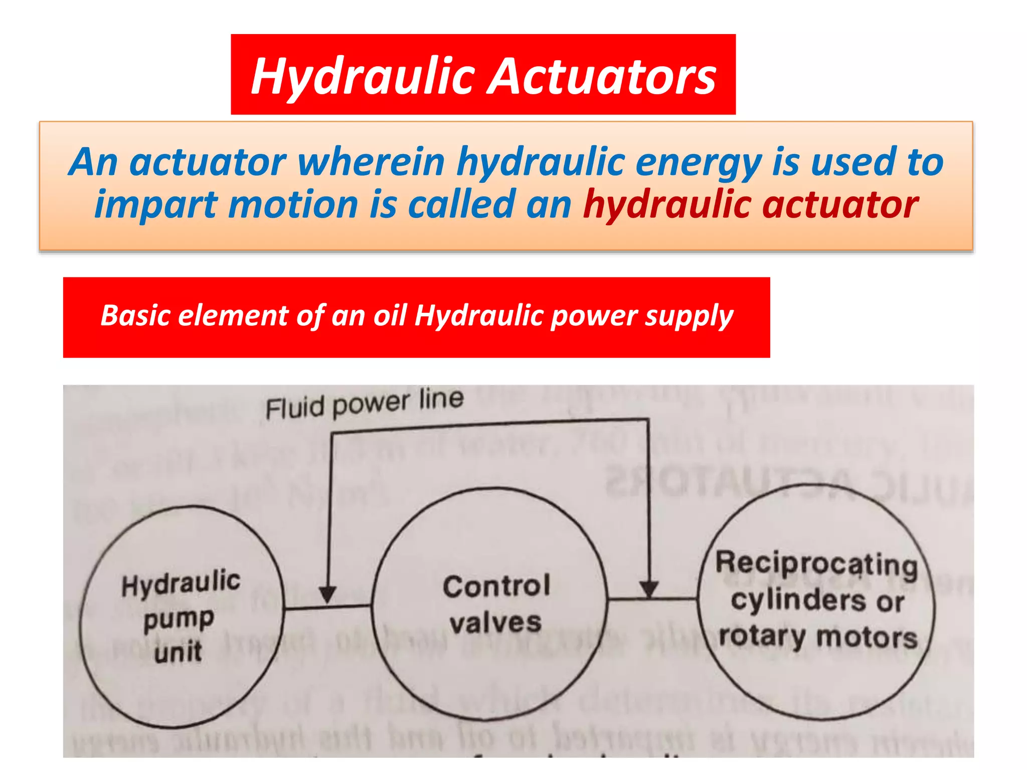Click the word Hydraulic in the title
(x=363, y=76)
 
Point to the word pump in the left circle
(x=179, y=620)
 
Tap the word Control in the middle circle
(x=496, y=586)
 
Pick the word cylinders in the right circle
(x=797, y=600)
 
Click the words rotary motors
(x=818, y=637)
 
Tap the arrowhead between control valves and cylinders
(x=649, y=589)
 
